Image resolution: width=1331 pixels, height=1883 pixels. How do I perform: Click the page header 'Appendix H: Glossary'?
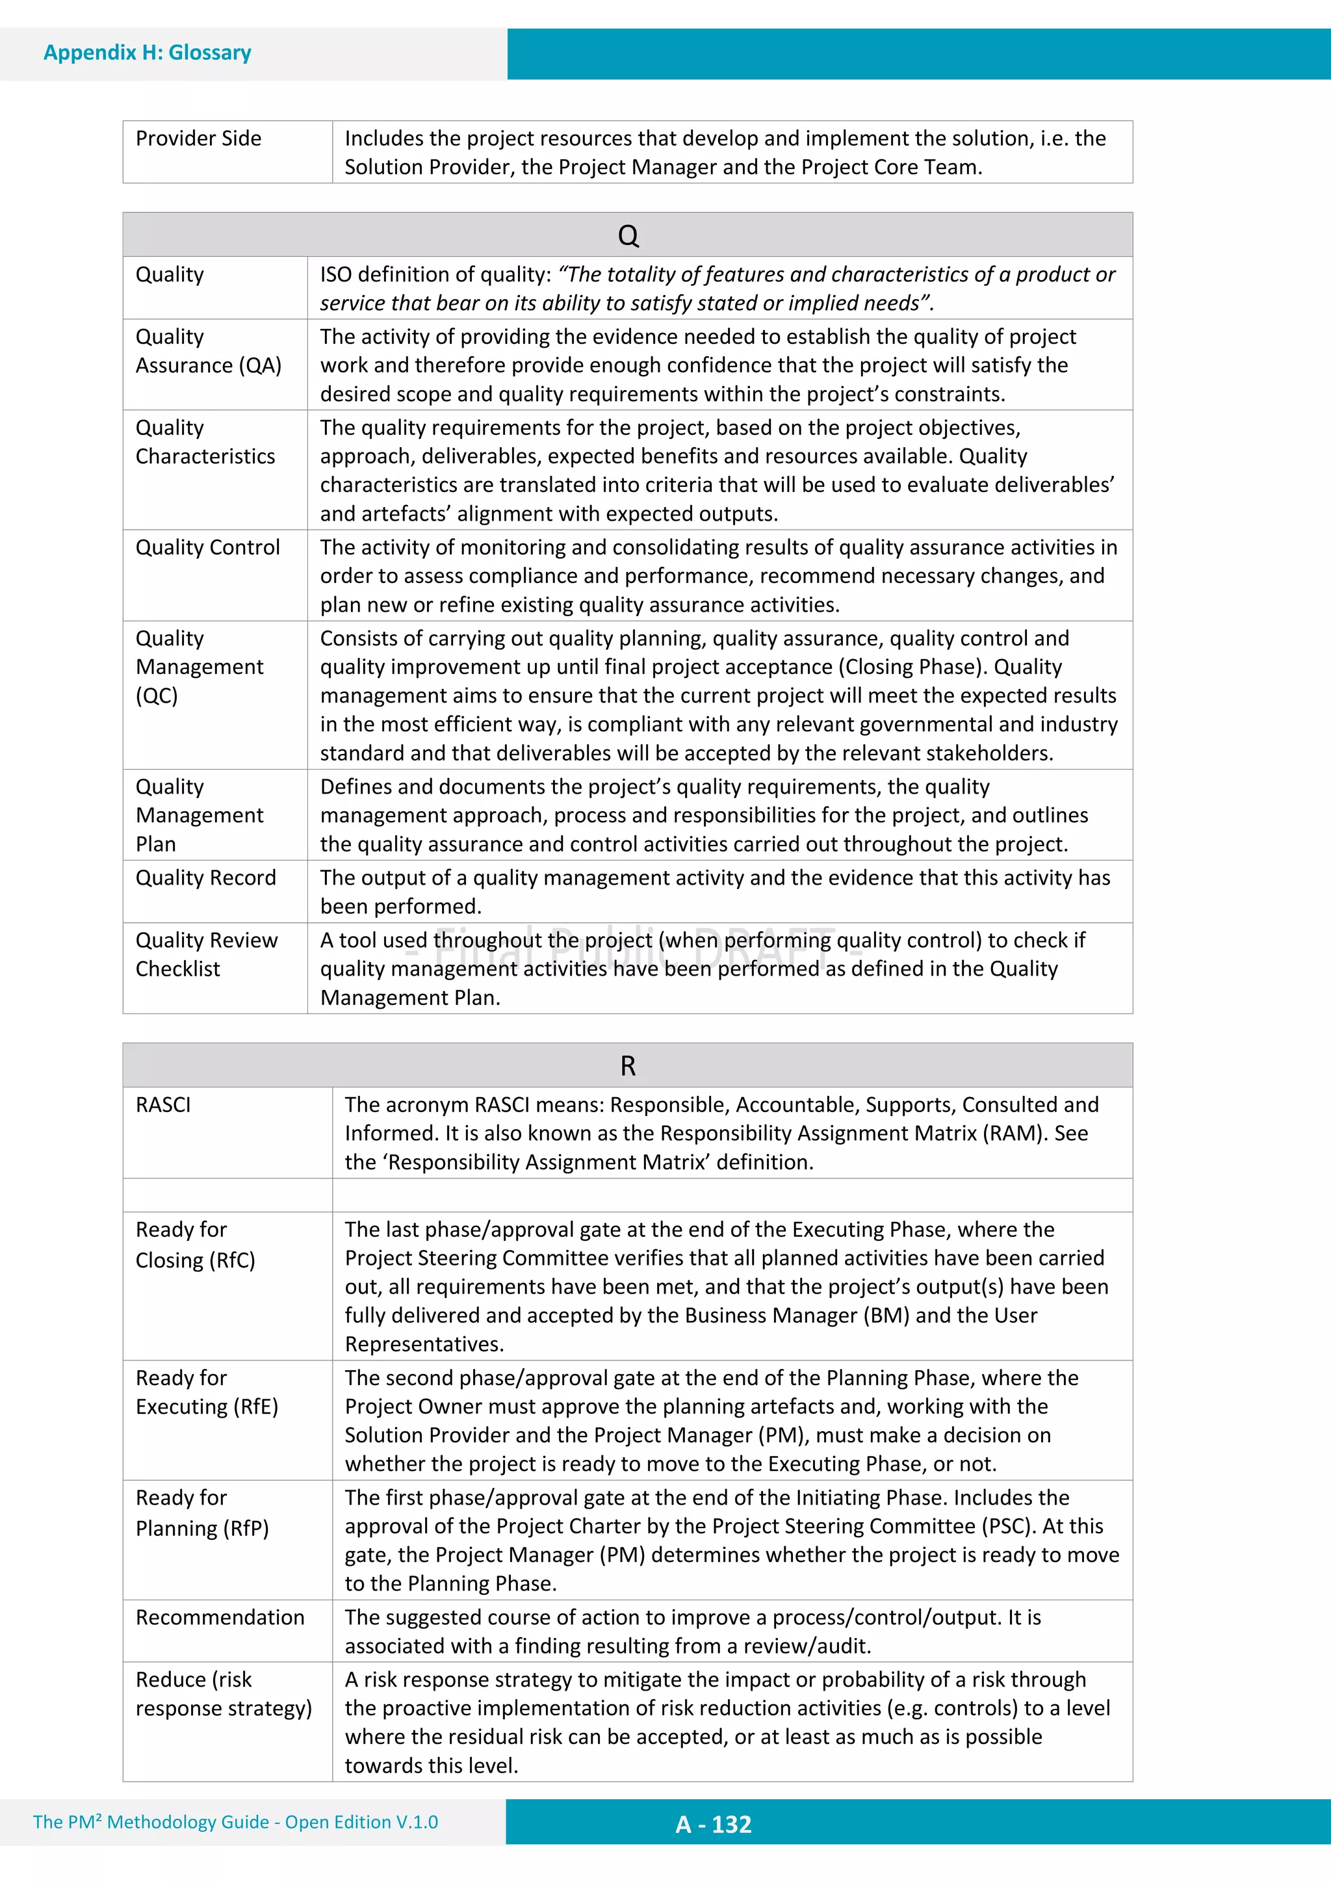point(147,53)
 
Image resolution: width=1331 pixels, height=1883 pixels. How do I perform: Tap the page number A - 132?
point(713,1824)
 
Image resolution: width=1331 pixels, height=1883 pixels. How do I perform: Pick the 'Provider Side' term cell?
point(198,138)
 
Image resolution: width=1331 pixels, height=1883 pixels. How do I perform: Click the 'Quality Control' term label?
point(207,547)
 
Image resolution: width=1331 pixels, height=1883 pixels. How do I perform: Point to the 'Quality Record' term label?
point(206,877)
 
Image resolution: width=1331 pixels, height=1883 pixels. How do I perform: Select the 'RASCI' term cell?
point(163,1105)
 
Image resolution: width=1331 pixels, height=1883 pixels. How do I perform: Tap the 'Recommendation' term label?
point(220,1617)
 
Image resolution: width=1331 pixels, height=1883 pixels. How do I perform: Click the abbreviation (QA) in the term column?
point(260,366)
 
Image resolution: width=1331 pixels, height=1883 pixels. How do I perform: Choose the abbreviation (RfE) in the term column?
point(256,1407)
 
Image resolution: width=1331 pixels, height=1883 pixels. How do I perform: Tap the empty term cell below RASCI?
point(227,1195)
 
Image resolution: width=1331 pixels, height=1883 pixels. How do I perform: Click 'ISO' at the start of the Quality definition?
point(335,275)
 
